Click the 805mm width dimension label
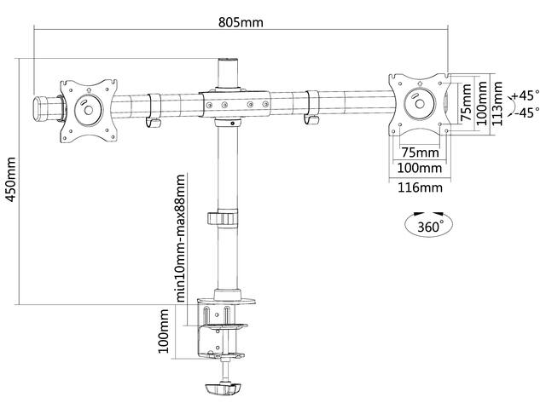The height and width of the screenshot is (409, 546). pos(241,23)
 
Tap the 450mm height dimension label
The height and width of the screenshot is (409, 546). pos(11,180)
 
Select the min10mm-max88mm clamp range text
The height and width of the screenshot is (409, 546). pos(181,238)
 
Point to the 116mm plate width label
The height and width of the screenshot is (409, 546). pos(420,187)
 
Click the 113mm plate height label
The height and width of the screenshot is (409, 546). pos(497,103)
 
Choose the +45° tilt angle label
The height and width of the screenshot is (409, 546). pos(526,95)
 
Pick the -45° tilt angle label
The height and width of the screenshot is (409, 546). pos(526,113)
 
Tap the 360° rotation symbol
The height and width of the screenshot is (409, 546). pos(429,225)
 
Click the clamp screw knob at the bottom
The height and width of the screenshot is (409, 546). pos(224,389)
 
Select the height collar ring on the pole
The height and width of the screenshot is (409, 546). pos(223,218)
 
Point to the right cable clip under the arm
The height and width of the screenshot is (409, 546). pos(311,108)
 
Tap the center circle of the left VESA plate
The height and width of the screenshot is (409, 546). pos(89,110)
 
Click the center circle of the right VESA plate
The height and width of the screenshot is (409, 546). pos(420,104)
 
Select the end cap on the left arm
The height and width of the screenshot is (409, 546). pos(39,109)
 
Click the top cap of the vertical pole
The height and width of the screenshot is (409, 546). pos(229,60)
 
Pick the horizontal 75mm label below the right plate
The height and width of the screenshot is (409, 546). pos(420,153)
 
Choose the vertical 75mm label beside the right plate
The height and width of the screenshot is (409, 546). pos(466,102)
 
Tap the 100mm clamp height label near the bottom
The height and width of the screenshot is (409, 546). pos(164,331)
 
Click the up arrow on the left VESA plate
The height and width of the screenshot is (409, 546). pos(88,90)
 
